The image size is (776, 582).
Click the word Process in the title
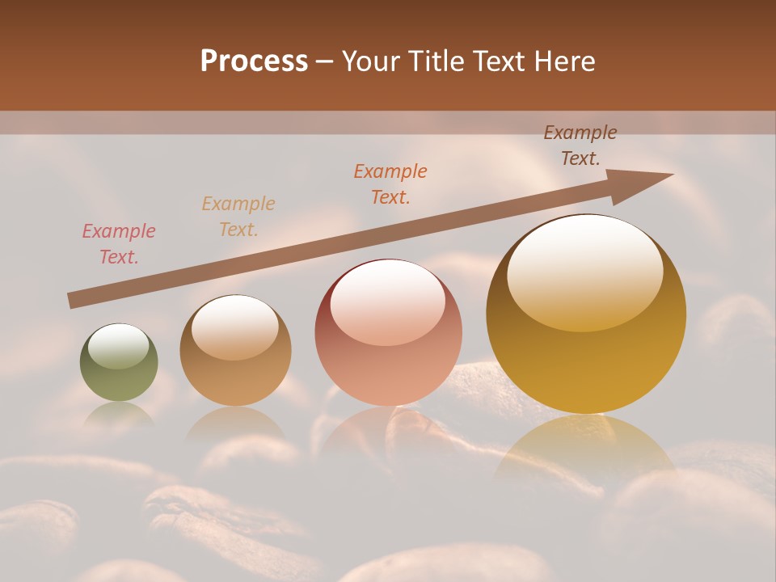pos(254,61)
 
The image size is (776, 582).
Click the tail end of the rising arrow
pos(73,300)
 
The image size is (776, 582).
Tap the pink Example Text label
pos(119,244)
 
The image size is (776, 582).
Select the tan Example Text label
pos(238,217)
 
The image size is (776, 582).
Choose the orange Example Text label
pos(390,184)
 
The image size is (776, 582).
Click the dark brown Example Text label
pos(580,145)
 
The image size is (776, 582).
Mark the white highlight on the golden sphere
pos(585,272)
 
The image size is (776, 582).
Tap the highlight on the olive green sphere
pos(119,347)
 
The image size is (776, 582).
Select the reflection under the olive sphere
pos(119,413)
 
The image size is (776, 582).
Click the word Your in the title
pos(369,61)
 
